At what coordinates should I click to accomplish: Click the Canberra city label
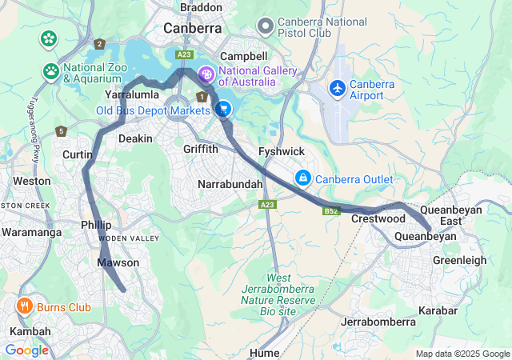pos(192,28)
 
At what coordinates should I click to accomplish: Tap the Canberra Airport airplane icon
pos(338,86)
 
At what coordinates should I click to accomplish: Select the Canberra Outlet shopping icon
pos(303,177)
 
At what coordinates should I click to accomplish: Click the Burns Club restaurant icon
pos(25,306)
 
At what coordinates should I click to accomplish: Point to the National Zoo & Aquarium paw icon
pos(51,70)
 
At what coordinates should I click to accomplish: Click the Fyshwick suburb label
pos(281,151)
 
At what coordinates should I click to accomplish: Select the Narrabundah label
pos(230,184)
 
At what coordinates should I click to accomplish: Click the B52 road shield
pos(332,211)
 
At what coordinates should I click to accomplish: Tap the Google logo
pos(26,350)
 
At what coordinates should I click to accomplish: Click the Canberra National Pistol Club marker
pos(265,26)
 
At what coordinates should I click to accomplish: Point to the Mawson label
pos(118,262)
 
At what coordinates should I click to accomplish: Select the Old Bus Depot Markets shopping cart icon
pos(223,109)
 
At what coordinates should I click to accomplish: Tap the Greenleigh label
pos(460,260)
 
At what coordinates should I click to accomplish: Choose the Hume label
pos(263,352)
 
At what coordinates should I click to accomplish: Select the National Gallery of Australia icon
pos(206,75)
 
